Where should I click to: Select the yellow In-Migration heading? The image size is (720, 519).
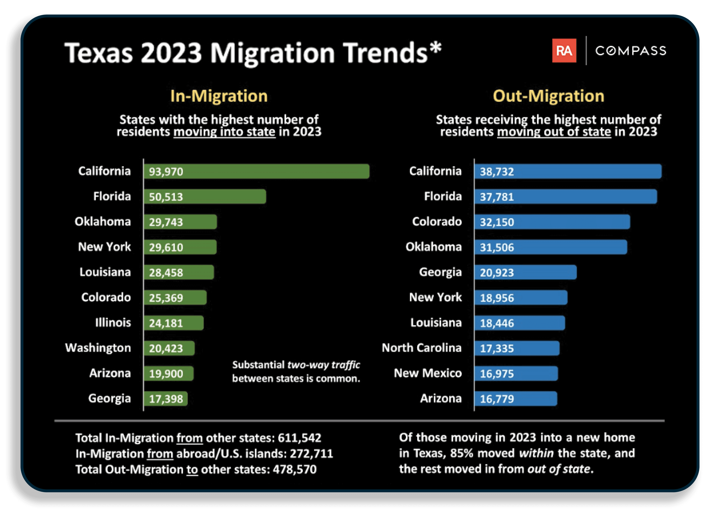tap(219, 96)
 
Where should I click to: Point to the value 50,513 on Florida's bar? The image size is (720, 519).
tap(166, 197)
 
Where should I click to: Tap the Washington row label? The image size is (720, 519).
tap(98, 348)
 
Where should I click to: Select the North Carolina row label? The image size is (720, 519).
tap(422, 348)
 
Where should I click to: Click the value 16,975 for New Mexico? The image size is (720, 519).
tap(497, 374)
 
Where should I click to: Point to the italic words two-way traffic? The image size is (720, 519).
tap(324, 365)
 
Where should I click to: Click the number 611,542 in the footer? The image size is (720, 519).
tap(299, 438)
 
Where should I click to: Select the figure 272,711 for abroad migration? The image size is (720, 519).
tap(311, 454)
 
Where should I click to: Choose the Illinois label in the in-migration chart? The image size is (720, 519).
tap(113, 323)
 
